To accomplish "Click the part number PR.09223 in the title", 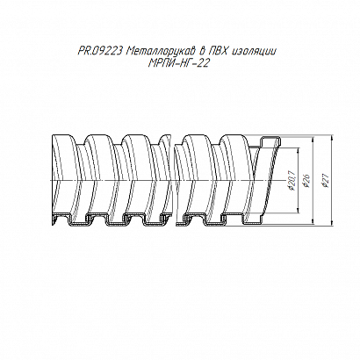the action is pos(100,52).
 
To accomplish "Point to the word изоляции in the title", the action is pos(255,53).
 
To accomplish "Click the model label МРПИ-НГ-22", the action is pos(179,63).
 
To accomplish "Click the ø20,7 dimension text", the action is pos(291,181).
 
